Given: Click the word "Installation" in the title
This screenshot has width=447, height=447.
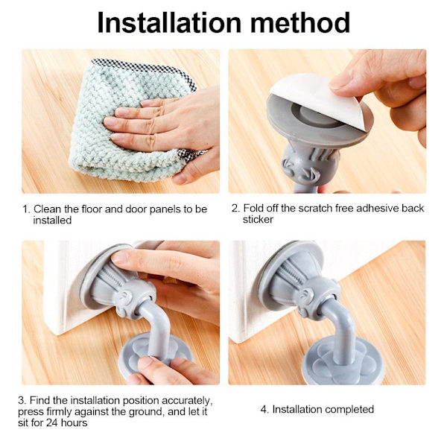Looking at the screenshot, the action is [x=169, y=23].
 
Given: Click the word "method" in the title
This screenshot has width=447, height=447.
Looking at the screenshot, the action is [x=300, y=23].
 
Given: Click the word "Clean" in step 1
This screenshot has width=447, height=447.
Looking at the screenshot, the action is [x=47, y=209].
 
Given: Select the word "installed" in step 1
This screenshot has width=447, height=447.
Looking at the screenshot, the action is [x=52, y=220].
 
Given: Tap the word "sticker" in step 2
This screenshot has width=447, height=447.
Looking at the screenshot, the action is [x=258, y=220].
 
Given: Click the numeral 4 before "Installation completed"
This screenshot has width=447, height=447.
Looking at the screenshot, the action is [x=264, y=409].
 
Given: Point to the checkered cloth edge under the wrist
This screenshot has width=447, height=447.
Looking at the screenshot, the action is [x=191, y=155].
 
